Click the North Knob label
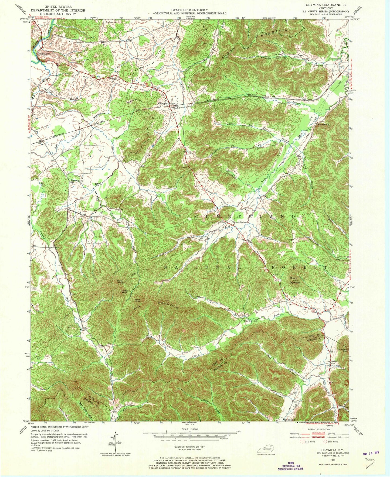point(120,282)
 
